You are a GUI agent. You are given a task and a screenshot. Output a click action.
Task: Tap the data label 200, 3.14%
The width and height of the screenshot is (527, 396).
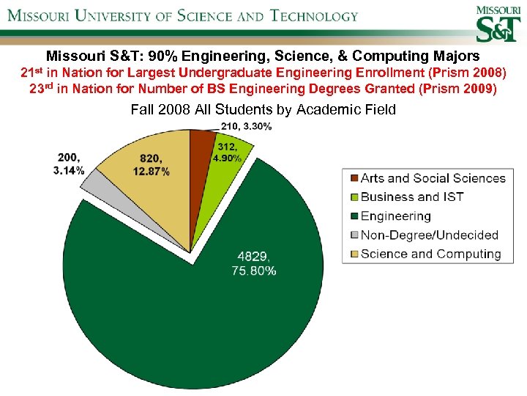69,164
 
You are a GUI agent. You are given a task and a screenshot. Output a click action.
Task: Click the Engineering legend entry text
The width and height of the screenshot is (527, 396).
396,216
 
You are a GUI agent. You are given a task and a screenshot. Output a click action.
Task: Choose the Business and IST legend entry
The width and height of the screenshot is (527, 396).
412,197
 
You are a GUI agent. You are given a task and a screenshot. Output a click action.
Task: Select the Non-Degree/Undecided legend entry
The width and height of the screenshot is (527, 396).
430,235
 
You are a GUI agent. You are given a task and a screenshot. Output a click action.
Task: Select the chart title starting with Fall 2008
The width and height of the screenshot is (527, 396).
263,110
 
